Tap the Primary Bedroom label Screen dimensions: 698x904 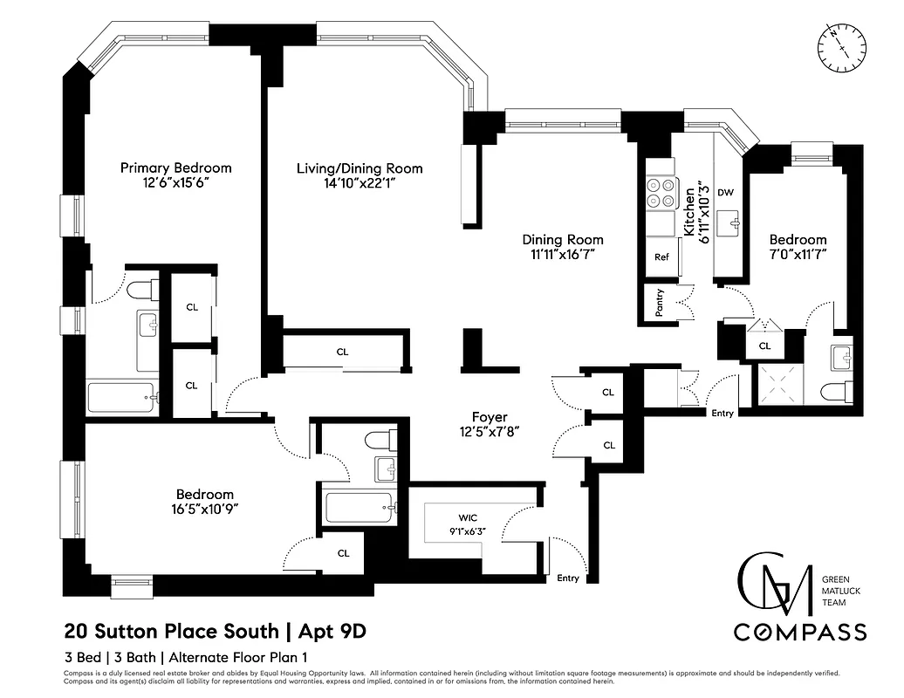175,168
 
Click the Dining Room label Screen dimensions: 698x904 562,239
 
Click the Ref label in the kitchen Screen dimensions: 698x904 661,257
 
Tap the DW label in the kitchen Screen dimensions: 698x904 724,192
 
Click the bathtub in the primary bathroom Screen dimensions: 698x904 122,398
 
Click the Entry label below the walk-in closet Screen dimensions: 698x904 567,578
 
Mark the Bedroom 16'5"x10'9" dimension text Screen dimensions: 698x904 205,509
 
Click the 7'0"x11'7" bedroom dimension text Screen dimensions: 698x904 797,255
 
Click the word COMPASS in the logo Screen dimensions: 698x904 799,632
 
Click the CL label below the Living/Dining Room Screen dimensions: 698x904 342,352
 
